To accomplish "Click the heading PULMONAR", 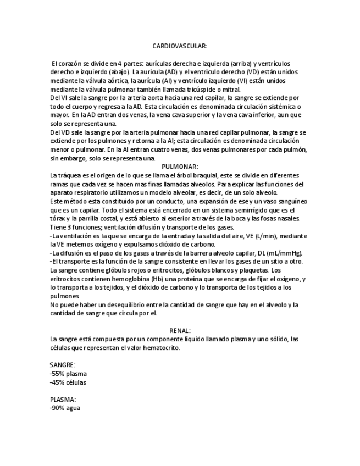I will pyautogui.click(x=180, y=167).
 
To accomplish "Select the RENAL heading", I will pyautogui.click(x=180, y=331).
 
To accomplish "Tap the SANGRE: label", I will pyautogui.click(x=62, y=365).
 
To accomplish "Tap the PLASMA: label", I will pyautogui.click(x=63, y=400).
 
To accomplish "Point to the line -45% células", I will pyautogui.click(x=68, y=382).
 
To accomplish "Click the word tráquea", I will pyautogui.click(x=68, y=175).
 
